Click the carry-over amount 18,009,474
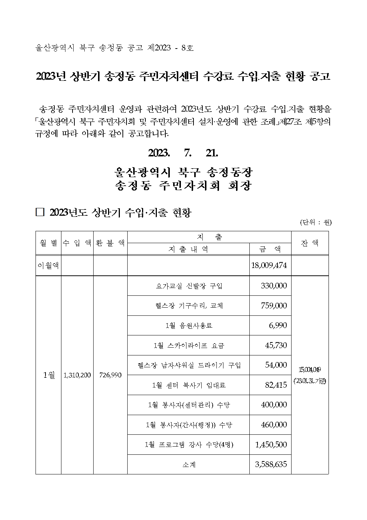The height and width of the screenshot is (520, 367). [x=269, y=266]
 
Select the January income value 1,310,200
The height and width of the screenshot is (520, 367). [x=77, y=375]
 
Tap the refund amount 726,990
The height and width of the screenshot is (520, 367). [x=110, y=375]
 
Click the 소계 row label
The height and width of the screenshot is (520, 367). [x=189, y=464]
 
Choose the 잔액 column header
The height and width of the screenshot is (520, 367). [x=310, y=243]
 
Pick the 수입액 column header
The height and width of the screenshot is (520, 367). [x=77, y=243]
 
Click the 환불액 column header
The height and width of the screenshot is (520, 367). [x=110, y=243]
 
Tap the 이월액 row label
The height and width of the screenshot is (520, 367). [x=48, y=266]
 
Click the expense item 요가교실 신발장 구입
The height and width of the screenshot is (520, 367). [x=189, y=286]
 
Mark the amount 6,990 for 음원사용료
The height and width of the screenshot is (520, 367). [x=278, y=325]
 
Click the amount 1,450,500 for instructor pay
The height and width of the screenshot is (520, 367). [x=271, y=444]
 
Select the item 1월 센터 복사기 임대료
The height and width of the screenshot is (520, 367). [x=189, y=385]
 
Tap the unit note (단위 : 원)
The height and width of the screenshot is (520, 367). [x=316, y=222]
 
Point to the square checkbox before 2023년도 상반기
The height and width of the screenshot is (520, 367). [x=40, y=212]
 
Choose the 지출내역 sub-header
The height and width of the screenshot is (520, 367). [x=188, y=249]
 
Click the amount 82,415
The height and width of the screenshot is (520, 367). [x=276, y=385]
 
